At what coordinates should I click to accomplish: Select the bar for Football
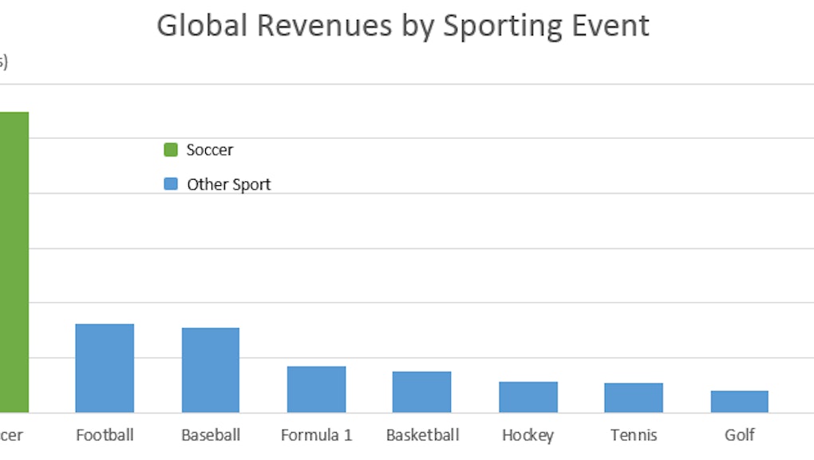click(x=105, y=368)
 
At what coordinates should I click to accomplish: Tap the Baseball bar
click(x=211, y=370)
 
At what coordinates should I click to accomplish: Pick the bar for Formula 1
click(x=317, y=389)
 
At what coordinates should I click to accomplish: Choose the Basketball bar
click(x=421, y=392)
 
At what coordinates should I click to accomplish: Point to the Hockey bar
click(x=528, y=397)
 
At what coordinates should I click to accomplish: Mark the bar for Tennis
click(x=634, y=398)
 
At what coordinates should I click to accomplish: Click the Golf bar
click(x=740, y=402)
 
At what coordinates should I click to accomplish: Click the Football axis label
click(x=105, y=435)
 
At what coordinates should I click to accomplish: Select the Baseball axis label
click(x=211, y=435)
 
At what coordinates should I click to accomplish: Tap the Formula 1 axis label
click(x=317, y=435)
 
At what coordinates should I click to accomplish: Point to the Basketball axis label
click(x=422, y=435)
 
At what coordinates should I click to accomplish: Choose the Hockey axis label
click(x=528, y=435)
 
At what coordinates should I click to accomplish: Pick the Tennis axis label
click(x=634, y=435)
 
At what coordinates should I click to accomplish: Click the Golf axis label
click(x=740, y=435)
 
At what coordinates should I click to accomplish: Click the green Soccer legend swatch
click(x=171, y=149)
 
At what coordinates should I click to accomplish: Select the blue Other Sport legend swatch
click(x=171, y=184)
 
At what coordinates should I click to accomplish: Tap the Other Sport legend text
click(x=229, y=184)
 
